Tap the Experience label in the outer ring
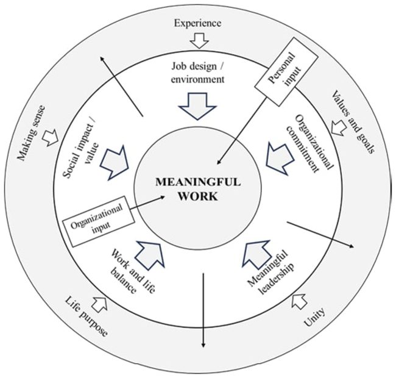(197, 24)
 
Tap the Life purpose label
(86, 317)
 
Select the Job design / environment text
(198, 73)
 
